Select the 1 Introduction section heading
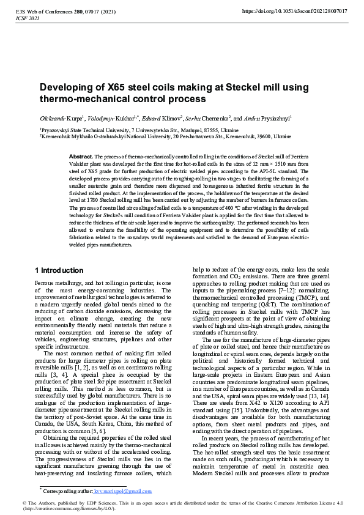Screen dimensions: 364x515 tap(59, 270)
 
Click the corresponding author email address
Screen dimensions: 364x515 tap(122, 491)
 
